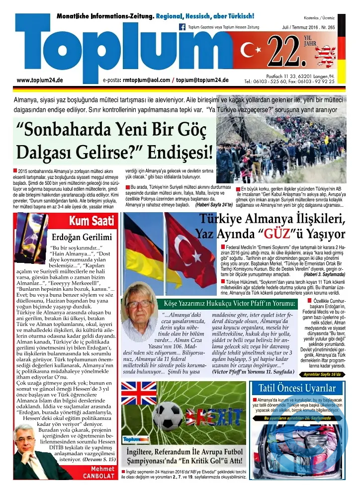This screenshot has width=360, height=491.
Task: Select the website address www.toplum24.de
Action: (x=39, y=80)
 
